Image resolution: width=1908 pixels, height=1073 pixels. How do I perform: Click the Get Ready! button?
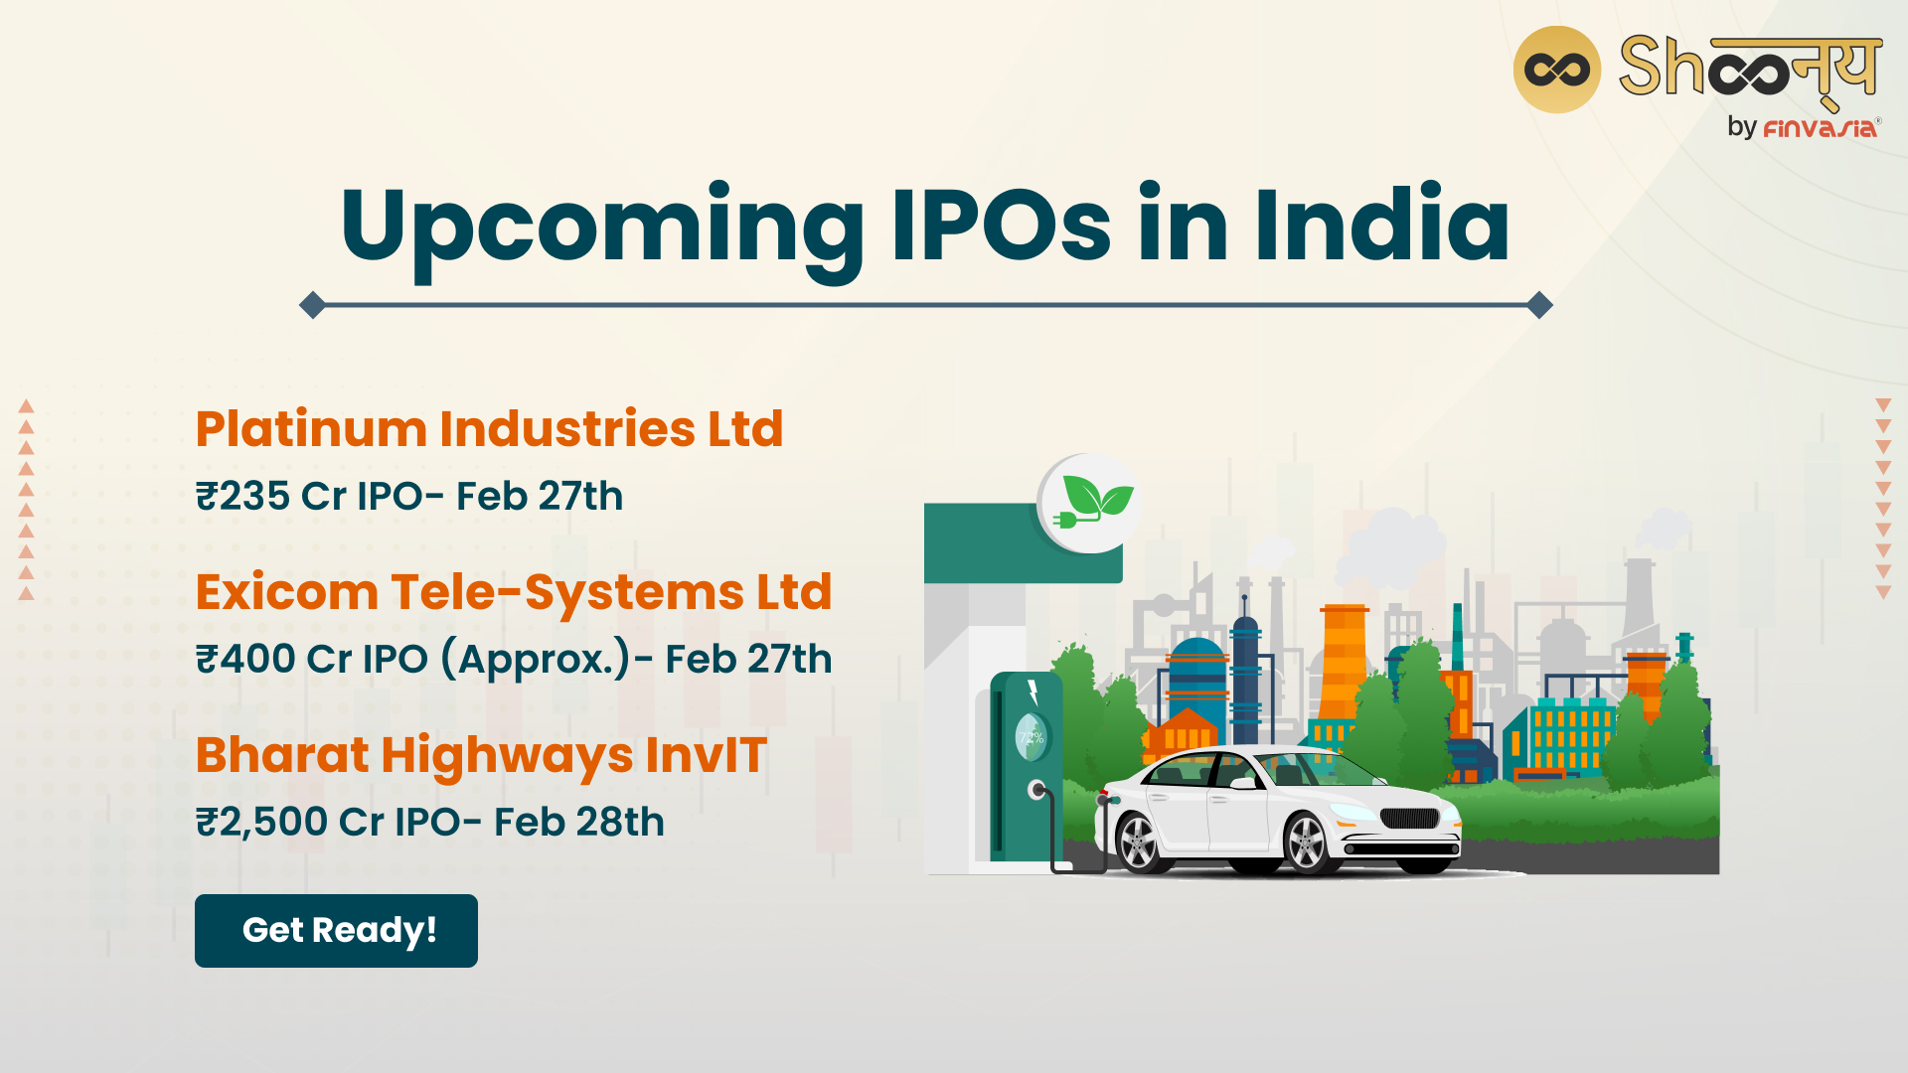(336, 931)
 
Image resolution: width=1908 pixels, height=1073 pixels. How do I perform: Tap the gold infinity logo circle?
(1556, 70)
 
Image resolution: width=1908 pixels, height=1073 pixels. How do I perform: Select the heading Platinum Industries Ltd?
(489, 429)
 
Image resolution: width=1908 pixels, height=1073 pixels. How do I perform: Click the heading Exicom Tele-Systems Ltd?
(514, 592)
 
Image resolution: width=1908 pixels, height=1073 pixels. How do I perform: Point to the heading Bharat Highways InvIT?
(481, 756)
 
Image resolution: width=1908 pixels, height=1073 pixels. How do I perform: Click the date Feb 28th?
(579, 822)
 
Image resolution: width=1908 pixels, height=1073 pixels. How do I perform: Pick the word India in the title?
(1381, 225)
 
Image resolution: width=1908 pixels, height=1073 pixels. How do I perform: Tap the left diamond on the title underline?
(312, 305)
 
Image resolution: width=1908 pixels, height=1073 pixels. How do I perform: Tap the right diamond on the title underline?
(1539, 305)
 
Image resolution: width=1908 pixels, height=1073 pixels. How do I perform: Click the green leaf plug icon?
(1091, 503)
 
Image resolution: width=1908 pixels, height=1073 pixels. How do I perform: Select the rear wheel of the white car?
(1137, 843)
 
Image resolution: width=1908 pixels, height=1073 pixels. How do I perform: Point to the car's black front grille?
(1409, 819)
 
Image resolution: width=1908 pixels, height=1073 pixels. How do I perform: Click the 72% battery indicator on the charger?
(1031, 737)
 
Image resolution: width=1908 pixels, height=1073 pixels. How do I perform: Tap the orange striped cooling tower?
(1345, 661)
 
